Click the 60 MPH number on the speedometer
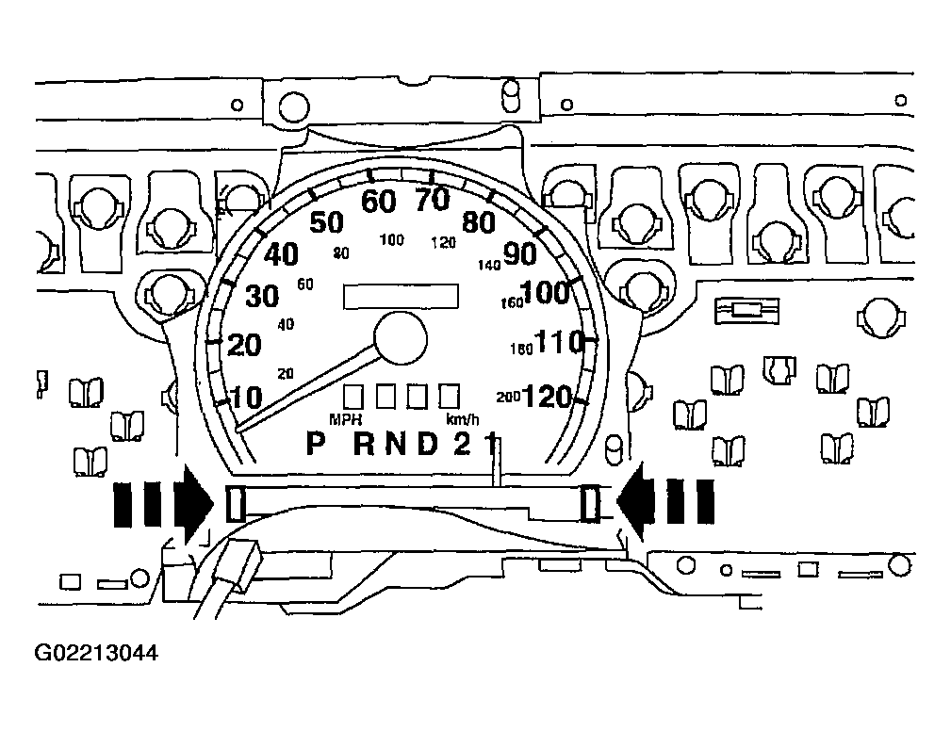pyautogui.click(x=379, y=202)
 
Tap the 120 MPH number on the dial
pyautogui.click(x=547, y=398)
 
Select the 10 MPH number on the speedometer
pyautogui.click(x=247, y=398)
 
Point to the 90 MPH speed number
pyautogui.click(x=519, y=253)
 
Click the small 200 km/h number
pyautogui.click(x=508, y=397)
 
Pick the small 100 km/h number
pyautogui.click(x=392, y=240)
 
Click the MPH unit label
pyautogui.click(x=346, y=419)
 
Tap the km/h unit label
pyautogui.click(x=462, y=419)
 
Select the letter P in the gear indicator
pyautogui.click(x=316, y=444)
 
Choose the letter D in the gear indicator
pyautogui.click(x=428, y=444)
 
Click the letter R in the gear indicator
pyautogui.click(x=363, y=444)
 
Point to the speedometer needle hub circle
pyautogui.click(x=401, y=338)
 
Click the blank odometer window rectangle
pyautogui.click(x=401, y=297)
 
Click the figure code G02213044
pyautogui.click(x=96, y=653)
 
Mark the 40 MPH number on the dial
pyautogui.click(x=281, y=254)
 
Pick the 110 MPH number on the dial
pyautogui.click(x=559, y=343)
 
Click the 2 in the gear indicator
pyautogui.click(x=462, y=444)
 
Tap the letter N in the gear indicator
pyautogui.click(x=396, y=444)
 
